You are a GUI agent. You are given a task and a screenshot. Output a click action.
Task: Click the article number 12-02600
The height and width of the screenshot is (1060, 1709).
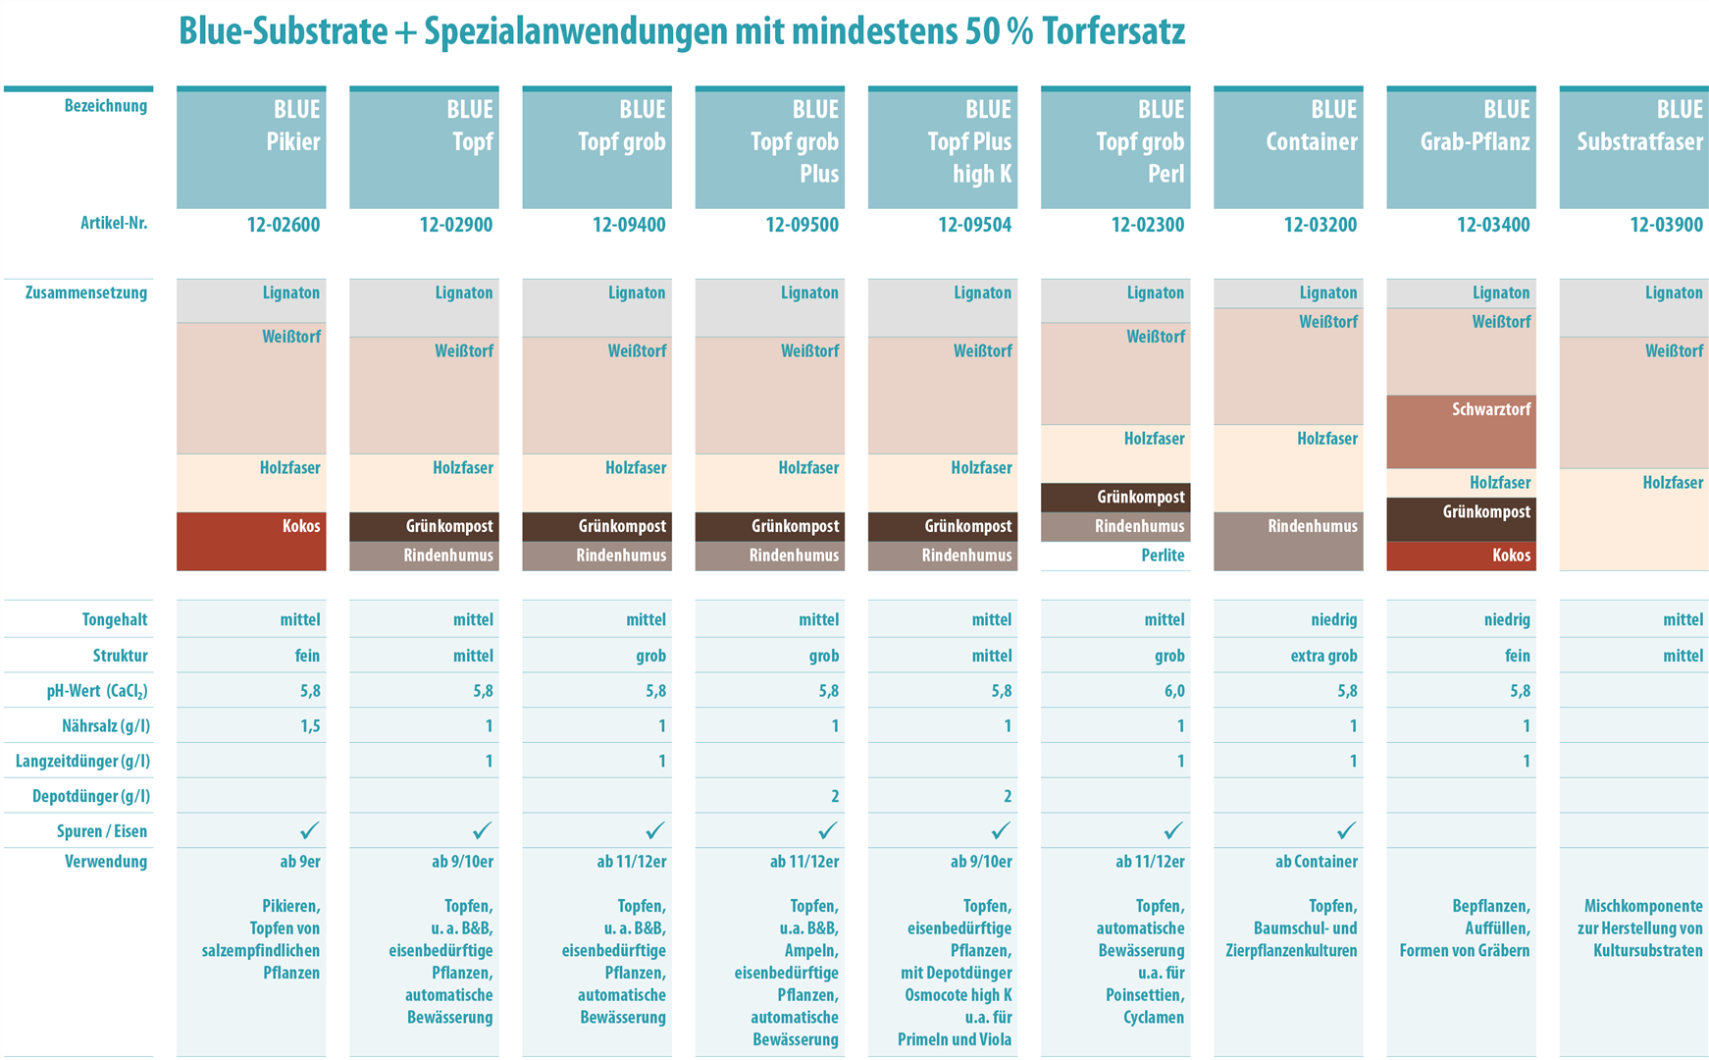(284, 225)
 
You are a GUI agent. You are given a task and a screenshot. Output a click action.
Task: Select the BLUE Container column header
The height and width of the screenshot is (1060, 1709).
(1288, 146)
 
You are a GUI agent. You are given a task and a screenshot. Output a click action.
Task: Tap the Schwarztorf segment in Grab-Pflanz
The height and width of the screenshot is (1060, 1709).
(1461, 431)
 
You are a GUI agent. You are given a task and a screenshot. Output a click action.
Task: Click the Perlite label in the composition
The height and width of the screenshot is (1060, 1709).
(1163, 556)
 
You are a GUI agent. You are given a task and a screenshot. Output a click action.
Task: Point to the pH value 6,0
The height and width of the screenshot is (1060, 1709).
(1174, 691)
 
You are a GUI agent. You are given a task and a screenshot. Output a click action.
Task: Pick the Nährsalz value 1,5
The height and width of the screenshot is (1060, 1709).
(310, 726)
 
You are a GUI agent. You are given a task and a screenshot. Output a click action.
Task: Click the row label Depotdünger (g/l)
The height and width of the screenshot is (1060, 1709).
(89, 796)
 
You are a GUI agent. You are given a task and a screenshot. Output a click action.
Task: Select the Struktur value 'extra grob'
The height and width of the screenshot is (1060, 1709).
(1323, 656)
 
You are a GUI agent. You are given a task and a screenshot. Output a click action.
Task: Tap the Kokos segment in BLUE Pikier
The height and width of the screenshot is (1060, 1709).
(251, 541)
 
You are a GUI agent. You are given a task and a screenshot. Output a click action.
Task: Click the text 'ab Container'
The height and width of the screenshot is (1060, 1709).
(1316, 862)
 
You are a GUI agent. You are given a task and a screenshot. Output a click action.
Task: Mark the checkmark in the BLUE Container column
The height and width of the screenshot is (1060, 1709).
(1346, 831)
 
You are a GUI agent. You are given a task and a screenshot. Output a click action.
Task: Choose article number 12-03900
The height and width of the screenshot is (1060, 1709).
(1666, 225)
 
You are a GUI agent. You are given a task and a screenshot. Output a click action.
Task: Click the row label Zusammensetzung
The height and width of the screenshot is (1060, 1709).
(86, 292)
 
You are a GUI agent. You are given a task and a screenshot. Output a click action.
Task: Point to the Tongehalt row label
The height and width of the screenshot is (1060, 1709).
(115, 619)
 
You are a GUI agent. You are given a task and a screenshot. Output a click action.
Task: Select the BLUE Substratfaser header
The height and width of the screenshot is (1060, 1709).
(1634, 146)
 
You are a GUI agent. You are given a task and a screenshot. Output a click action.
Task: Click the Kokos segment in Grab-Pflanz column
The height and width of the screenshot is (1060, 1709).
(1461, 556)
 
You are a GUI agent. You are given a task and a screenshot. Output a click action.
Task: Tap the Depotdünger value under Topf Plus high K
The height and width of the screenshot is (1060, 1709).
(1008, 796)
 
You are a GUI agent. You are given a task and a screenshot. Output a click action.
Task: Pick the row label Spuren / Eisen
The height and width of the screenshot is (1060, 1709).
(102, 831)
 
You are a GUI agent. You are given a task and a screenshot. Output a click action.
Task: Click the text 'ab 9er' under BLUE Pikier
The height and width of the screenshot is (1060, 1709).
(300, 862)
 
